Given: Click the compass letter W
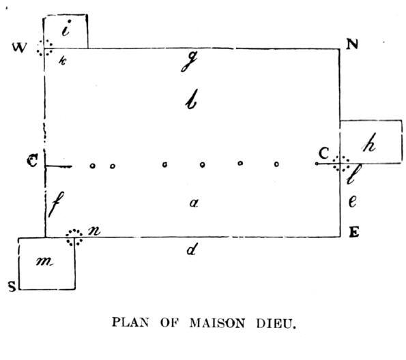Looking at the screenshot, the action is (x=19, y=48).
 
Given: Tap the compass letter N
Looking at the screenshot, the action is (x=352, y=44).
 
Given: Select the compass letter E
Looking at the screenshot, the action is (x=354, y=232).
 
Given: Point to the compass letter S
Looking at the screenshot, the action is (x=12, y=287).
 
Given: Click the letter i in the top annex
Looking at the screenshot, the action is (x=66, y=28).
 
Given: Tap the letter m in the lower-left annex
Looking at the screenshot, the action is (x=44, y=262).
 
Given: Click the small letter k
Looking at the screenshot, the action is (x=63, y=61).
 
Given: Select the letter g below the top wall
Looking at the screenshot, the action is (x=189, y=61).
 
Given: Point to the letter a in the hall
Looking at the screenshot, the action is (x=194, y=202).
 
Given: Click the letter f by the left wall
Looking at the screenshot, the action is (x=56, y=205).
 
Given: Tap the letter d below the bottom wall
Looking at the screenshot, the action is (x=192, y=249).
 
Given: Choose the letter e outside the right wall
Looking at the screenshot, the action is (x=353, y=201).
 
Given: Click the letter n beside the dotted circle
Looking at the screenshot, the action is (x=93, y=231).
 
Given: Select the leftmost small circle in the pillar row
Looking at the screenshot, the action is (x=92, y=166).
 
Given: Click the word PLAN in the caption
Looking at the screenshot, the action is (x=130, y=322).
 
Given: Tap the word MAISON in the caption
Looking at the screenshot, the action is (x=217, y=323).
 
